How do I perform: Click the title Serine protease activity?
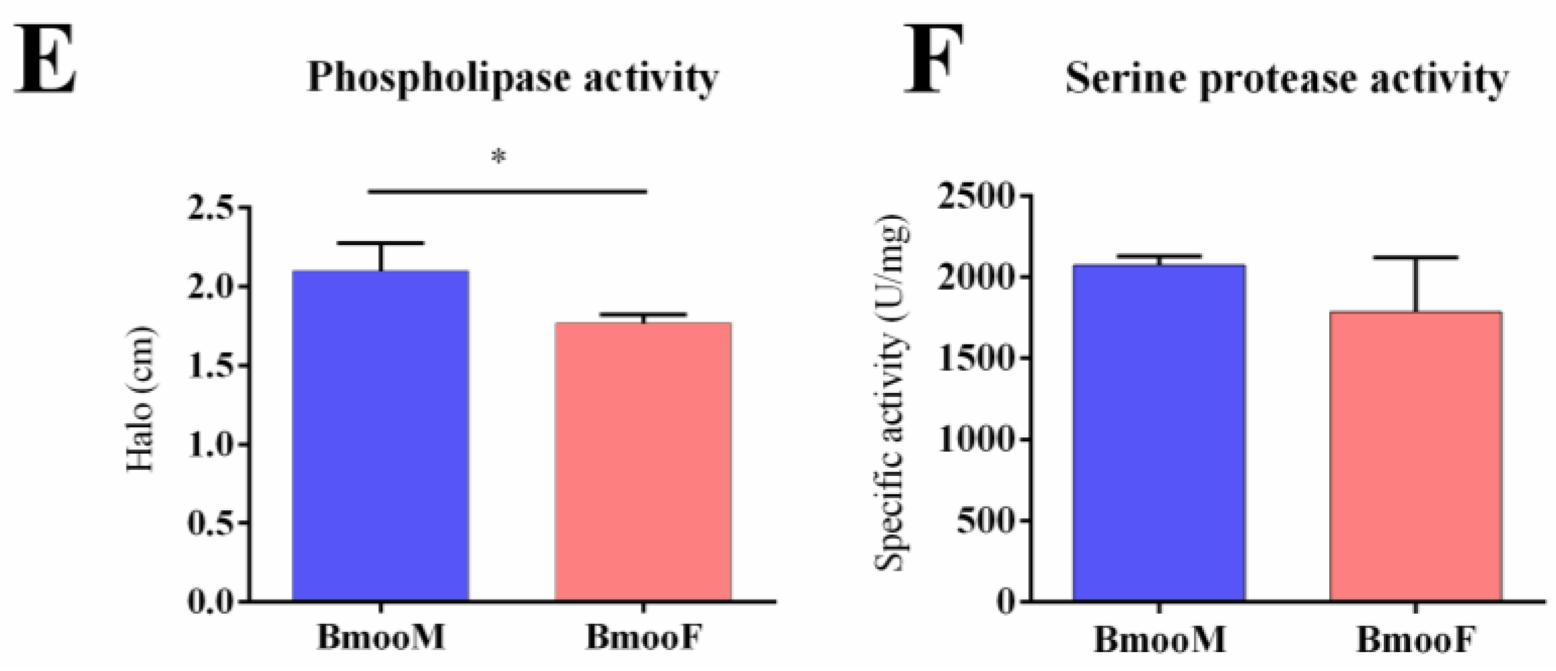(1286, 80)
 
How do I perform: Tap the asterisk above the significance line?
(498, 157)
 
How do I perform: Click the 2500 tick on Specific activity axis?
(975, 196)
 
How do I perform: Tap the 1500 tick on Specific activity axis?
(975, 358)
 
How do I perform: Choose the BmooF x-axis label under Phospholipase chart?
(644, 637)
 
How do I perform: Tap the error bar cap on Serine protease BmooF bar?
(1415, 258)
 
